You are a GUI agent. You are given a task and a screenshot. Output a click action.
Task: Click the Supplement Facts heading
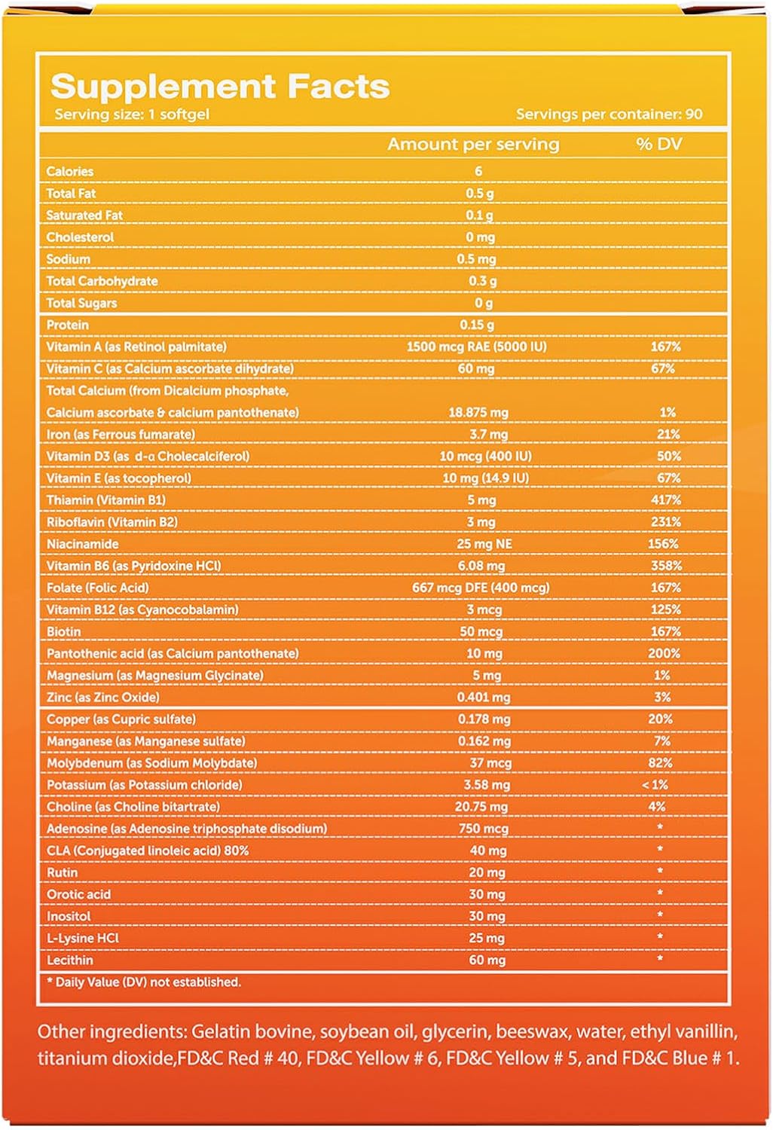219,87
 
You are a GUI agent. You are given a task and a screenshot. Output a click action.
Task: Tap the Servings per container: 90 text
609,115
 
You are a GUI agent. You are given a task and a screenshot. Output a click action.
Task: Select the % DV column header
658,144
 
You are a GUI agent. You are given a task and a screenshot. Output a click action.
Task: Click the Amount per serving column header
473,144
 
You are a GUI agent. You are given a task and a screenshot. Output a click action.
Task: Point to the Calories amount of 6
478,171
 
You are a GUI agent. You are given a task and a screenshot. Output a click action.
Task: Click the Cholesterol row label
80,237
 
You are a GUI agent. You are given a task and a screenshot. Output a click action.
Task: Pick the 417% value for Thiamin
665,500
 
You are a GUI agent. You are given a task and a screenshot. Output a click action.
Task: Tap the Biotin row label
63,632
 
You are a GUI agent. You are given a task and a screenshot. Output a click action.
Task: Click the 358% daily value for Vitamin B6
665,566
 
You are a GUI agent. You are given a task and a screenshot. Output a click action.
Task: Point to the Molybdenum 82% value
660,763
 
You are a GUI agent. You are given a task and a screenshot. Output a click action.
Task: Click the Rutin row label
62,872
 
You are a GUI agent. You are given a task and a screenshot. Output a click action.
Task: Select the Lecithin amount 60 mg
487,960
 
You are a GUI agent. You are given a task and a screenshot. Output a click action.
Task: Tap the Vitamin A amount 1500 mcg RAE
476,347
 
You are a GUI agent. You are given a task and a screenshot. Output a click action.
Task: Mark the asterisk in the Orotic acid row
660,893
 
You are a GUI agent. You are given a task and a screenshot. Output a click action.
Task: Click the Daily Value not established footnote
144,982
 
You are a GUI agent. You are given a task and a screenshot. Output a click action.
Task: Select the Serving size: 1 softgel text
132,115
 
